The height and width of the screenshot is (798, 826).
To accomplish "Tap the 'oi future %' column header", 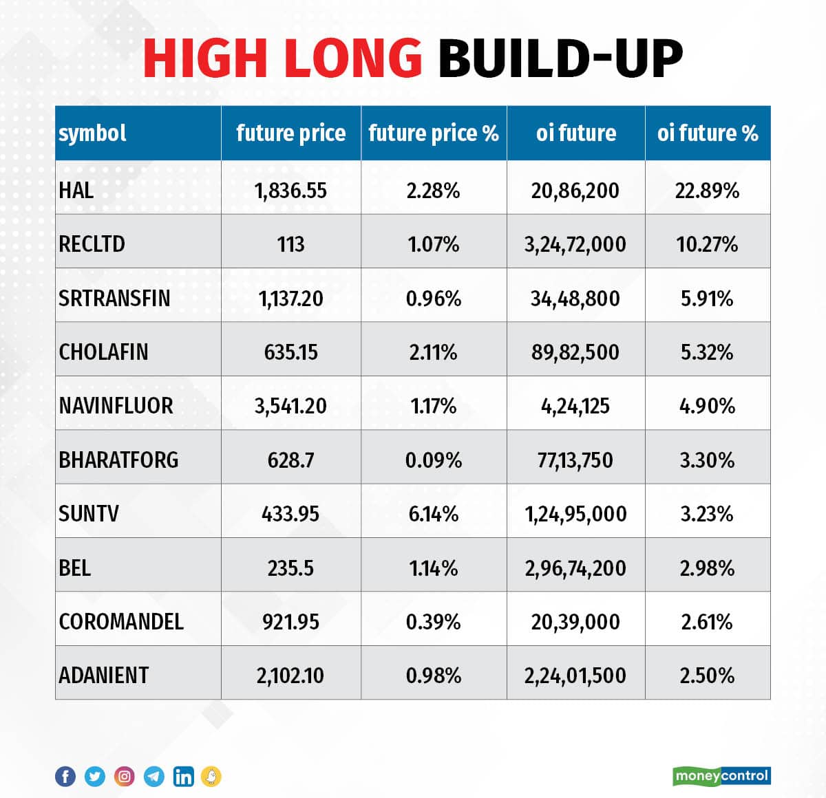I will (707, 133).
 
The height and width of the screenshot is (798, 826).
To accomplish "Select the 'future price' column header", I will (290, 133).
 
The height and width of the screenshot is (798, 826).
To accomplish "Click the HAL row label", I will (76, 190).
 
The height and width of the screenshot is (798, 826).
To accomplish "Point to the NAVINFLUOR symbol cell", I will (116, 405).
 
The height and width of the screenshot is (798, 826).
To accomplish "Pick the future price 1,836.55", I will (290, 190).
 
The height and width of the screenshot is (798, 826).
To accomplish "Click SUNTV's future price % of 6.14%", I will (433, 513).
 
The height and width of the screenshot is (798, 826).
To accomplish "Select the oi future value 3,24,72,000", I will (575, 244).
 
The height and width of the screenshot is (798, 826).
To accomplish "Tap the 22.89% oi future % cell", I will (707, 190).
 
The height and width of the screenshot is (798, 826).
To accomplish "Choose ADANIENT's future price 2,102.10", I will (290, 675).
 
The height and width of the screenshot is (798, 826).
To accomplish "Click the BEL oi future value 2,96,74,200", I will (575, 568).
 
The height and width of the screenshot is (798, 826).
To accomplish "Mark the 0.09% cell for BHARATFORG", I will (433, 460).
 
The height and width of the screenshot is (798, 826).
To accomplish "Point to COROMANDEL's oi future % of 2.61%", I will (707, 621).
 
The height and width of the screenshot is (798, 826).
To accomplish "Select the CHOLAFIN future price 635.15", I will (290, 352).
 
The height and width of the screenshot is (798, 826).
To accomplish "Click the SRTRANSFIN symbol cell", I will (114, 298).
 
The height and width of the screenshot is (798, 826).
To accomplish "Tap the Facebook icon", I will (65, 777).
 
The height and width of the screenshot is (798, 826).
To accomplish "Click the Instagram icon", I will (125, 777).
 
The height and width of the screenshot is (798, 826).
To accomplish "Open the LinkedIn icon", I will (184, 777).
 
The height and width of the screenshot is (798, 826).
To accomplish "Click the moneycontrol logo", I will (721, 776).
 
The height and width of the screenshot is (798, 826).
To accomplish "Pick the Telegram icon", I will (154, 777).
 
